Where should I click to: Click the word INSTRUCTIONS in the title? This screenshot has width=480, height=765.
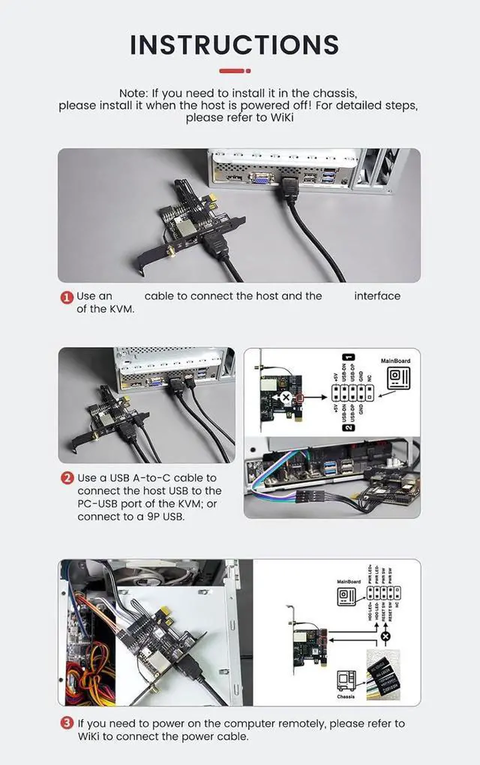point(234,45)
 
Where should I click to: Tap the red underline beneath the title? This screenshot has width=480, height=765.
point(234,70)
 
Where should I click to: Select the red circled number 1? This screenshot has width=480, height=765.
point(67,297)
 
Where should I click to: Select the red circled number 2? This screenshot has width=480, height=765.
point(67,478)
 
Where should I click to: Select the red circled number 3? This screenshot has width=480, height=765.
point(67,724)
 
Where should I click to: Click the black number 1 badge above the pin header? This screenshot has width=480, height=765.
point(348,358)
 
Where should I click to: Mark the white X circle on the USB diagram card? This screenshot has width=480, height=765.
point(286,397)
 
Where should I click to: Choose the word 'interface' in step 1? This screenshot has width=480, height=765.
point(377,296)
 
